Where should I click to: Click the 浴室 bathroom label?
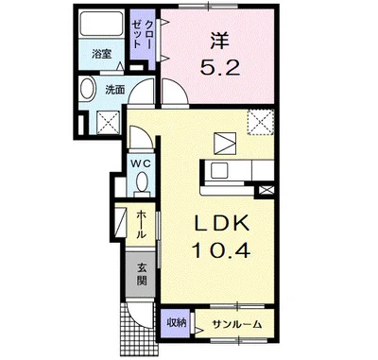(100, 55)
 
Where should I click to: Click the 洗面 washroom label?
(113, 90)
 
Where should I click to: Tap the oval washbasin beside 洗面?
(88, 92)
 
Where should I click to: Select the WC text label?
(139, 163)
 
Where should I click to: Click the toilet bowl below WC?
(139, 181)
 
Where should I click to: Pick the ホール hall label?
(140, 222)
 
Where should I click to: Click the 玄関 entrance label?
(140, 273)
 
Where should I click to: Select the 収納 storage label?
(177, 323)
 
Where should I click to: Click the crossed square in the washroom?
(106, 120)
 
